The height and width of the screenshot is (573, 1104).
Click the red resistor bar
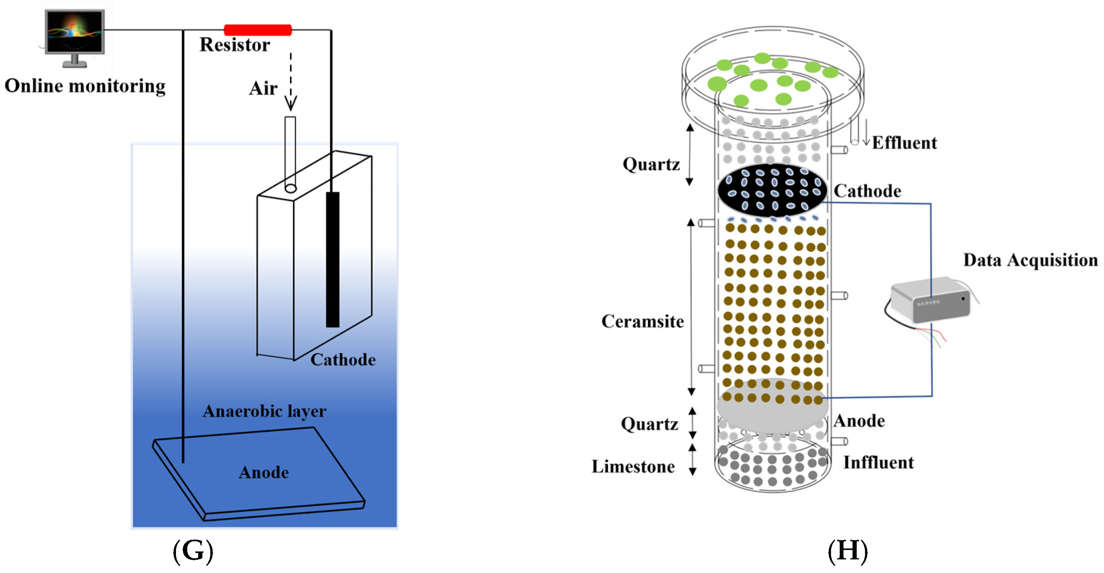[x=257, y=30]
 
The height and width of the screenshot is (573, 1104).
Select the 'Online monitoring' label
[x=85, y=86]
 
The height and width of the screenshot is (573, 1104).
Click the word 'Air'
[x=263, y=88]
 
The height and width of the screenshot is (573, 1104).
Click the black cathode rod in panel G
[x=333, y=259]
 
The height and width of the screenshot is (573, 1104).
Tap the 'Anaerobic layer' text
[x=264, y=411]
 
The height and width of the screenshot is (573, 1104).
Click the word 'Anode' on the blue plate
[x=264, y=472]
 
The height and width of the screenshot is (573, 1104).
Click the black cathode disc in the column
[x=772, y=190]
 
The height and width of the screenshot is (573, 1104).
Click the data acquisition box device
[x=930, y=300]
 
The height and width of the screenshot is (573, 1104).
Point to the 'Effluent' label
[x=904, y=143]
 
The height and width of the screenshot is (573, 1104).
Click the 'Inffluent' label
[x=879, y=463]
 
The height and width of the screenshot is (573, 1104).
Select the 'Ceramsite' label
[x=643, y=321]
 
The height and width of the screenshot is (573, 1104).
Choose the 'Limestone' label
[x=633, y=466]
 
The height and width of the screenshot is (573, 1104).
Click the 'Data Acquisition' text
[x=1030, y=260]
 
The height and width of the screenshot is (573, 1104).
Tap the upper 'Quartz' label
[x=651, y=164]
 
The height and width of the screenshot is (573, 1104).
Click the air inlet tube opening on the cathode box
[x=291, y=188]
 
